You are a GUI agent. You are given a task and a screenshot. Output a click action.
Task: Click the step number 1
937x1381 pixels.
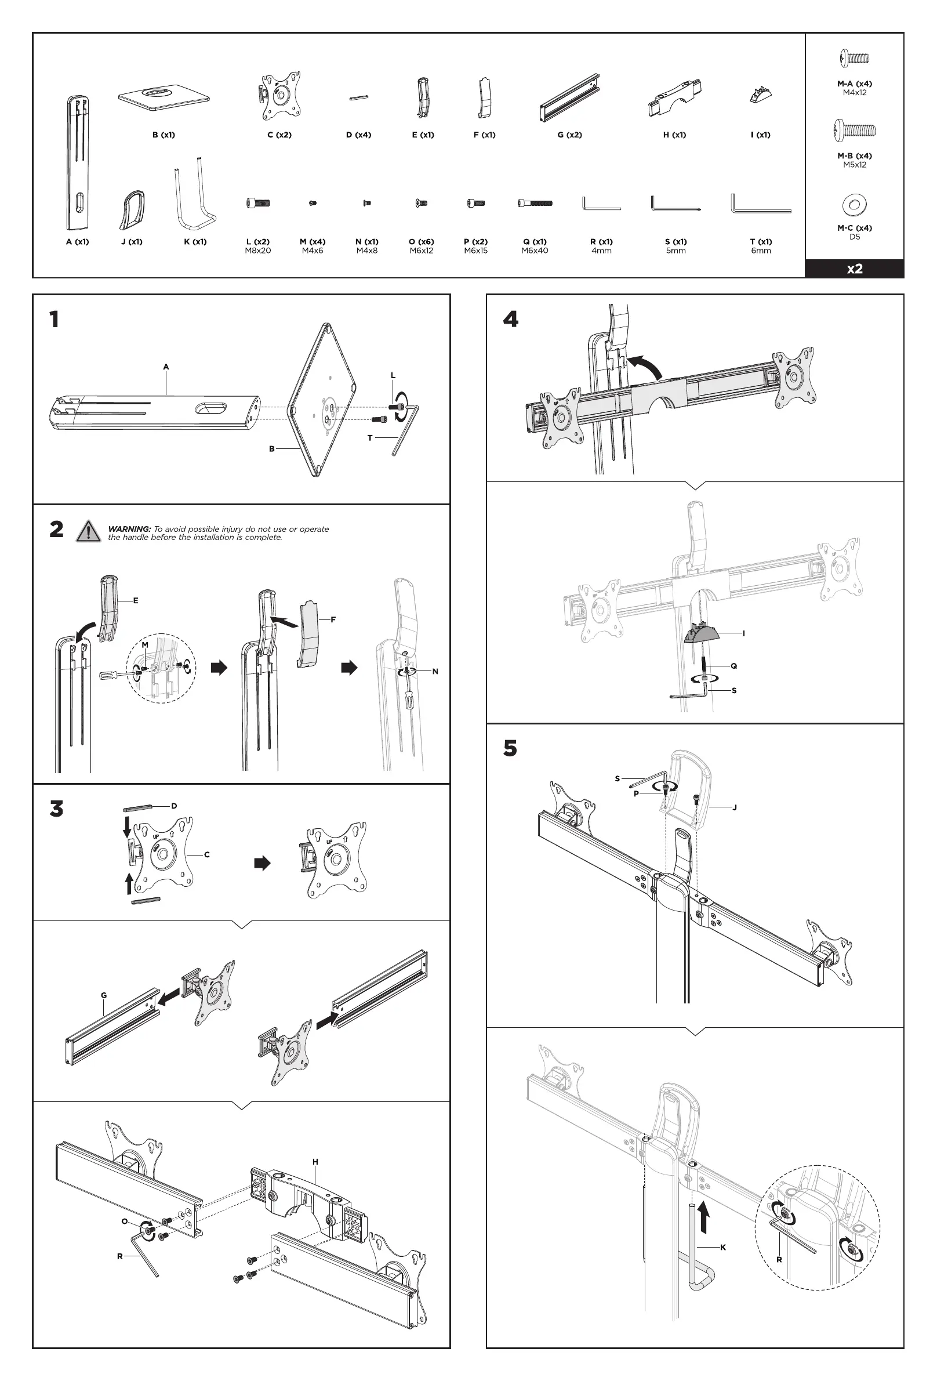click(x=54, y=320)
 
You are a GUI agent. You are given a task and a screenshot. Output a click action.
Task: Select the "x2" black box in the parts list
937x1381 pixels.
click(x=854, y=269)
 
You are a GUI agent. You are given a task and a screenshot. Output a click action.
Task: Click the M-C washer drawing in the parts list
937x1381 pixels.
click(x=855, y=205)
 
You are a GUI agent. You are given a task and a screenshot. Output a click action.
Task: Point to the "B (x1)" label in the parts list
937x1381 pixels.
click(x=164, y=135)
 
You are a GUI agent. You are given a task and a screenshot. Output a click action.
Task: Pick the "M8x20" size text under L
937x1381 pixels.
click(x=258, y=251)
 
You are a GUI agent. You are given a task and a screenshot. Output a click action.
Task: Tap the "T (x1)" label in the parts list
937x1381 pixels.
click(x=761, y=241)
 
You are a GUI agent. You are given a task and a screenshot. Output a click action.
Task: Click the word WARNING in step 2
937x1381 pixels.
click(x=129, y=529)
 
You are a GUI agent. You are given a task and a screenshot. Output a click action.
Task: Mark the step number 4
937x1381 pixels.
click(x=510, y=320)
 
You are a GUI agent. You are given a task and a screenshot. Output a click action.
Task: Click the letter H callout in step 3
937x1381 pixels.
click(x=315, y=1162)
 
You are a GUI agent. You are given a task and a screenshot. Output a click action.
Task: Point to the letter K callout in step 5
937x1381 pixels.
click(x=723, y=1247)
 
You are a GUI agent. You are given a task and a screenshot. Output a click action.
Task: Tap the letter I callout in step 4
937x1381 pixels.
click(x=743, y=633)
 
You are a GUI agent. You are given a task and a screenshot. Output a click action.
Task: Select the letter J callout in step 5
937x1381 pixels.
click(x=735, y=807)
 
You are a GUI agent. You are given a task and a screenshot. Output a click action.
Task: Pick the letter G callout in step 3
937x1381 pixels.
click(x=104, y=995)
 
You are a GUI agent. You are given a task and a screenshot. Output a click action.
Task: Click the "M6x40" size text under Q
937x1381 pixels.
click(x=535, y=251)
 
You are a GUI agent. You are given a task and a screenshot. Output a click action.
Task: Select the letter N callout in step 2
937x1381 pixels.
click(x=435, y=672)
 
